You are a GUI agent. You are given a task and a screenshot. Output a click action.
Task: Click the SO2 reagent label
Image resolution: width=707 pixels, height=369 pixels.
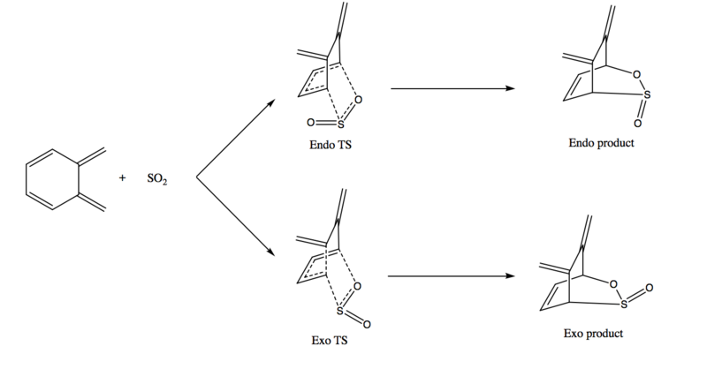pos(157,179)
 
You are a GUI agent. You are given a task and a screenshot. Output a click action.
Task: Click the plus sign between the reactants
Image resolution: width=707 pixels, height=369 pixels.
pos(122,178)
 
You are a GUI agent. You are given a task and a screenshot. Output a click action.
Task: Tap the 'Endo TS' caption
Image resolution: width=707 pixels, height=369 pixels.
pos(331,145)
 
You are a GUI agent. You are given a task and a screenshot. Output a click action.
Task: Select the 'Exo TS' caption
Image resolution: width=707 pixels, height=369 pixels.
pos(330,340)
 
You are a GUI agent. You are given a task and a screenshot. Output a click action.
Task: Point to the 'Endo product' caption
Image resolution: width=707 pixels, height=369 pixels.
pos(601,143)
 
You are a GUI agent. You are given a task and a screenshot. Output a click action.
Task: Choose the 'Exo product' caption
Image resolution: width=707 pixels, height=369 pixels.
pos(593,334)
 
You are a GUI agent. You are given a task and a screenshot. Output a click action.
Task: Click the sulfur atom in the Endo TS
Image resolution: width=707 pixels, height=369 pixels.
pos(340,124)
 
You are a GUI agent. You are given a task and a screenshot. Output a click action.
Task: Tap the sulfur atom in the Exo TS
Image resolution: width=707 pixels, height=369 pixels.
pos(340,311)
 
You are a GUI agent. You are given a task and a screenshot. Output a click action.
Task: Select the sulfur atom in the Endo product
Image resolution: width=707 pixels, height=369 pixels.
pos(647,94)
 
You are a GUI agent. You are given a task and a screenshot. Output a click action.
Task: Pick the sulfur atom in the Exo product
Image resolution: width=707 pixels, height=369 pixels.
pos(624,305)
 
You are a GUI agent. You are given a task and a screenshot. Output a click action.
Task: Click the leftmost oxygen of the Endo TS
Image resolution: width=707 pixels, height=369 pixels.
pos(310,122)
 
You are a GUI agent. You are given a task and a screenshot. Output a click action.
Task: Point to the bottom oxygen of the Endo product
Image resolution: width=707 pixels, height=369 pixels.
pos(637,123)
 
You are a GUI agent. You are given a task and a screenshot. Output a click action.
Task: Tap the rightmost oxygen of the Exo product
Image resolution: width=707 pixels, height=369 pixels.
pos(649,288)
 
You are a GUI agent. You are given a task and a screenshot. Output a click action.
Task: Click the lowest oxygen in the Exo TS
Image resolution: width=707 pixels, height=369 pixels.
pos(367,324)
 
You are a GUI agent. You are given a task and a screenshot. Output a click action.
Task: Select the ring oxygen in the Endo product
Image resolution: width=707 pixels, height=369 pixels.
pos(636,74)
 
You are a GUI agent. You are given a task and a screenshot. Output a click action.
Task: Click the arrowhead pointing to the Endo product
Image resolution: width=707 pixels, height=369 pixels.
pos(511,88)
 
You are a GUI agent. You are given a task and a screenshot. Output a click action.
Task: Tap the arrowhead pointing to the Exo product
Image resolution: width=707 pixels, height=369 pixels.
pos(511,275)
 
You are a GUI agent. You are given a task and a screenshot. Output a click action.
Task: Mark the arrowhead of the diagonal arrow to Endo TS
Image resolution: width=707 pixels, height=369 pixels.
pos(271,102)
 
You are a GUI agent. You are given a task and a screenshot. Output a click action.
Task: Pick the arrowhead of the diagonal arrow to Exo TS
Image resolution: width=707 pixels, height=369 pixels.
pos(271,252)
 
